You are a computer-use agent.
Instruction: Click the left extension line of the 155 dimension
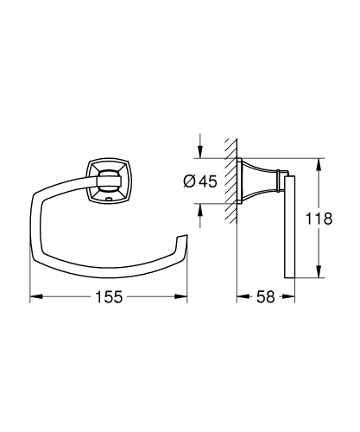31,276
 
